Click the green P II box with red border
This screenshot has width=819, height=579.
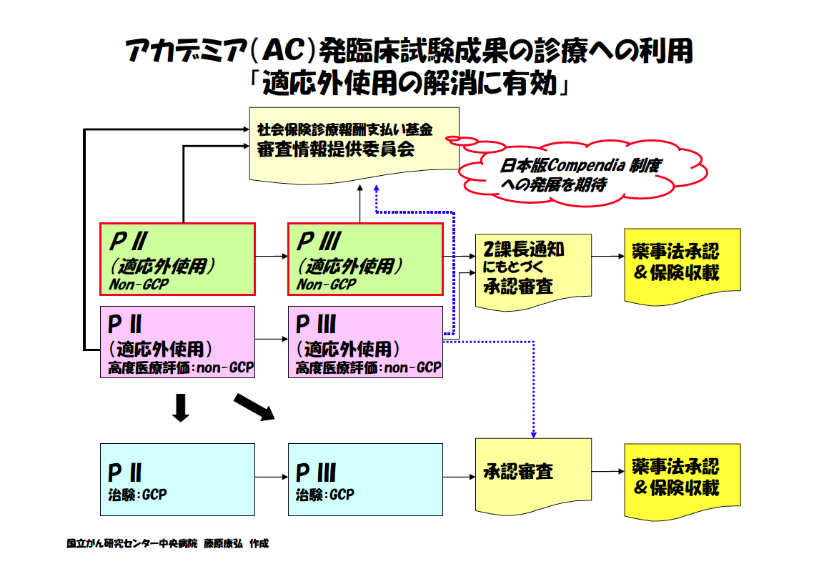point(177,259)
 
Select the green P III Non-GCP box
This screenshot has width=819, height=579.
point(365,259)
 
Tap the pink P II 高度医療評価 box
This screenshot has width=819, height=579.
point(177,342)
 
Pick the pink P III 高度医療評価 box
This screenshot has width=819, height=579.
point(365,342)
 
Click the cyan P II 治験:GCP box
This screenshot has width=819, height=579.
point(177,479)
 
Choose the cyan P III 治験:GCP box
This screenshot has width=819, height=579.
point(365,479)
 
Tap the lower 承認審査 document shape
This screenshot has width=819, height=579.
point(533,473)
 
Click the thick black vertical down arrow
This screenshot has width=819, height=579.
point(182,407)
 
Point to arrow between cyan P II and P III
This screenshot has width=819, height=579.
point(271,477)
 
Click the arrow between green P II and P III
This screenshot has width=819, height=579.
point(271,255)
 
